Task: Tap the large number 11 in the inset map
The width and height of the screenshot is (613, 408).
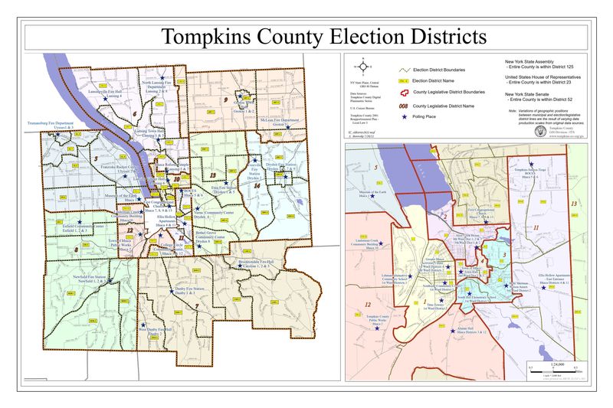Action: point(536,228)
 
